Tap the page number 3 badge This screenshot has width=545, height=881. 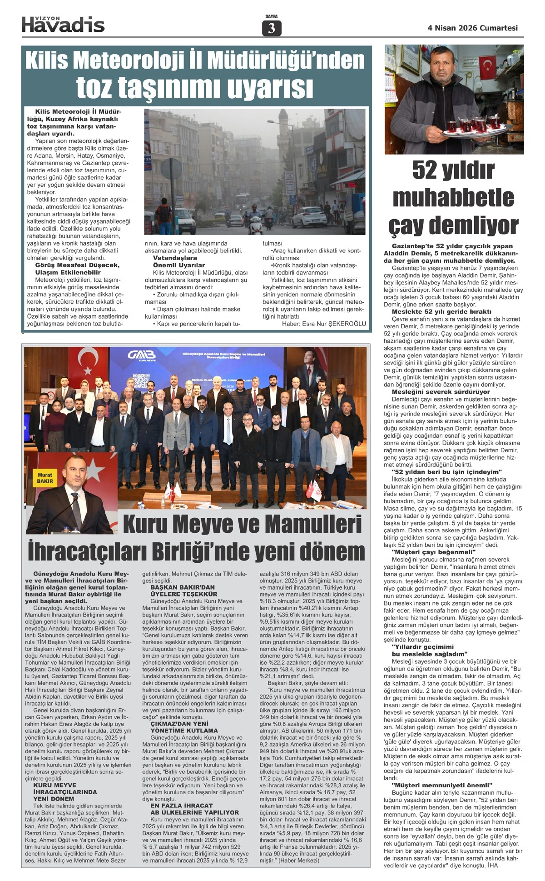[272, 28]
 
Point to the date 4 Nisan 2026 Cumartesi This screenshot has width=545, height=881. [473, 28]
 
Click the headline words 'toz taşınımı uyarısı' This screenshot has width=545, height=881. [195, 87]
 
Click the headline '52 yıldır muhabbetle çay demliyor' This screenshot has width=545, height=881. [453, 197]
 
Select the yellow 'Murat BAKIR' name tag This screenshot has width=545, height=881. [45, 478]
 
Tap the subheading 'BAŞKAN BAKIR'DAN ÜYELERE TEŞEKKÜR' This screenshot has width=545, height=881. [184, 591]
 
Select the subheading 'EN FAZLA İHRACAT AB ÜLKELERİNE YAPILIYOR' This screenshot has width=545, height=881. [194, 809]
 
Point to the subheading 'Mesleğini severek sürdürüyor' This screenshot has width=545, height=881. [441, 392]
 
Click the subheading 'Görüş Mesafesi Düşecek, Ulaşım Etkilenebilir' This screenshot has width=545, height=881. [77, 269]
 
